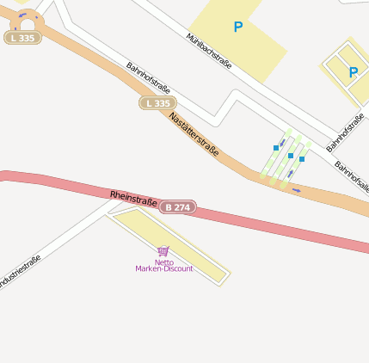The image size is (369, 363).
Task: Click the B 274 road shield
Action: pyautogui.click(x=178, y=207)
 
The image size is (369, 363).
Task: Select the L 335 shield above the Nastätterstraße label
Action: pyautogui.click(x=157, y=103)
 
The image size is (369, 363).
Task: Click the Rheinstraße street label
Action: pyautogui.click(x=133, y=200)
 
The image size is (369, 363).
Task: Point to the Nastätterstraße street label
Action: pyautogui.click(x=194, y=134)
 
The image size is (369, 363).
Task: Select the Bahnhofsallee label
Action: pyautogui.click(x=352, y=175)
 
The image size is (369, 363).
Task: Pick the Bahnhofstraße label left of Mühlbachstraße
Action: pyautogui.click(x=148, y=78)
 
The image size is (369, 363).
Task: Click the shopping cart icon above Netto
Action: pyautogui.click(x=163, y=251)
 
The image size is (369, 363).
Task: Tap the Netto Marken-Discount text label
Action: pyautogui.click(x=164, y=266)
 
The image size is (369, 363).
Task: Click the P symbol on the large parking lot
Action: pyautogui.click(x=238, y=28)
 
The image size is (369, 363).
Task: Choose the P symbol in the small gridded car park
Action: pyautogui.click(x=353, y=72)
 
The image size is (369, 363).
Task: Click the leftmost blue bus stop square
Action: pyautogui.click(x=276, y=148)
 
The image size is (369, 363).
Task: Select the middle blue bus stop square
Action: pyautogui.click(x=291, y=156)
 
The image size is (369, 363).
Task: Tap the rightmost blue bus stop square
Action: pyautogui.click(x=302, y=159)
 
